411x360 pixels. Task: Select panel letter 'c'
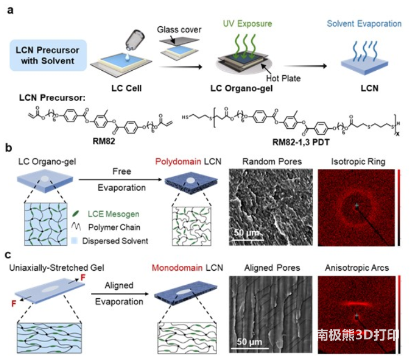point(8,255)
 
